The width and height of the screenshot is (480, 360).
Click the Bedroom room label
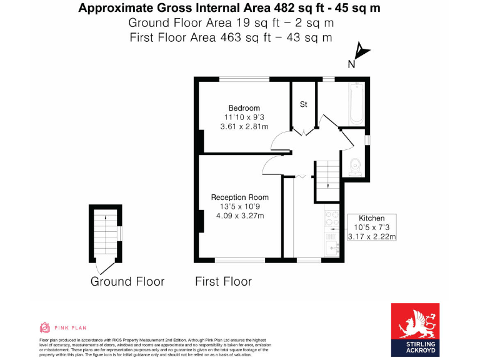[244, 108]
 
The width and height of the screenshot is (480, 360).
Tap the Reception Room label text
[240, 197]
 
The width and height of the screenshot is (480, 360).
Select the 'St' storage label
[304, 104]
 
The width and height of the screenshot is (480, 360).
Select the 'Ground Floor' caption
[127, 281]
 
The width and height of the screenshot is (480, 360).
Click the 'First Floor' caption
[224, 281]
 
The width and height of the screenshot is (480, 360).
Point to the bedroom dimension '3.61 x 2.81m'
[244, 126]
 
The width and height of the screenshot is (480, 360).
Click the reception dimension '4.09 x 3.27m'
[240, 216]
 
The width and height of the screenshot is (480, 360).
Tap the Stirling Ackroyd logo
[415, 329]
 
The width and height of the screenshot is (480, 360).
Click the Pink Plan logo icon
[44, 327]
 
